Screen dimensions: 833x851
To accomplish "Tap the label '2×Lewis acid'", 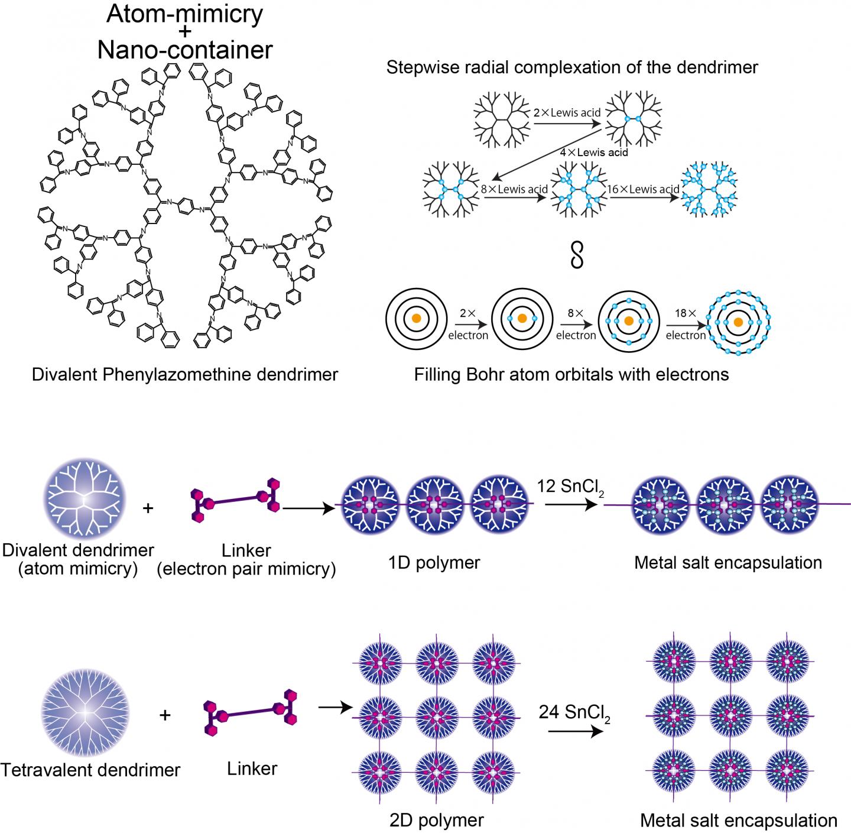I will (x=567, y=113).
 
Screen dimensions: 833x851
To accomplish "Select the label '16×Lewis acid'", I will (x=644, y=190).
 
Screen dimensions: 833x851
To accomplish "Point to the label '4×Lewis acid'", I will (x=594, y=153).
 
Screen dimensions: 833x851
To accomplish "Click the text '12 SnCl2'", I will (x=570, y=487).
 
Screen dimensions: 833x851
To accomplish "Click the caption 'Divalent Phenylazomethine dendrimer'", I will (x=185, y=374).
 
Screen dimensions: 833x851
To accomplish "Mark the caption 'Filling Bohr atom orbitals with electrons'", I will (x=571, y=374).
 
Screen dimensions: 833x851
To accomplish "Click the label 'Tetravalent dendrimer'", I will (x=90, y=770).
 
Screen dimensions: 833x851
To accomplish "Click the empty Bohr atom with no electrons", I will (x=416, y=319).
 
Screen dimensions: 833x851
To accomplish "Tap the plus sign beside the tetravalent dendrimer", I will (x=165, y=715).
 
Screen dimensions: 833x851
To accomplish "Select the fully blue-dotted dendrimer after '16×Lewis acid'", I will (x=708, y=191).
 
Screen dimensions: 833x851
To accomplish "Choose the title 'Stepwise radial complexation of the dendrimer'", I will (x=572, y=67).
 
